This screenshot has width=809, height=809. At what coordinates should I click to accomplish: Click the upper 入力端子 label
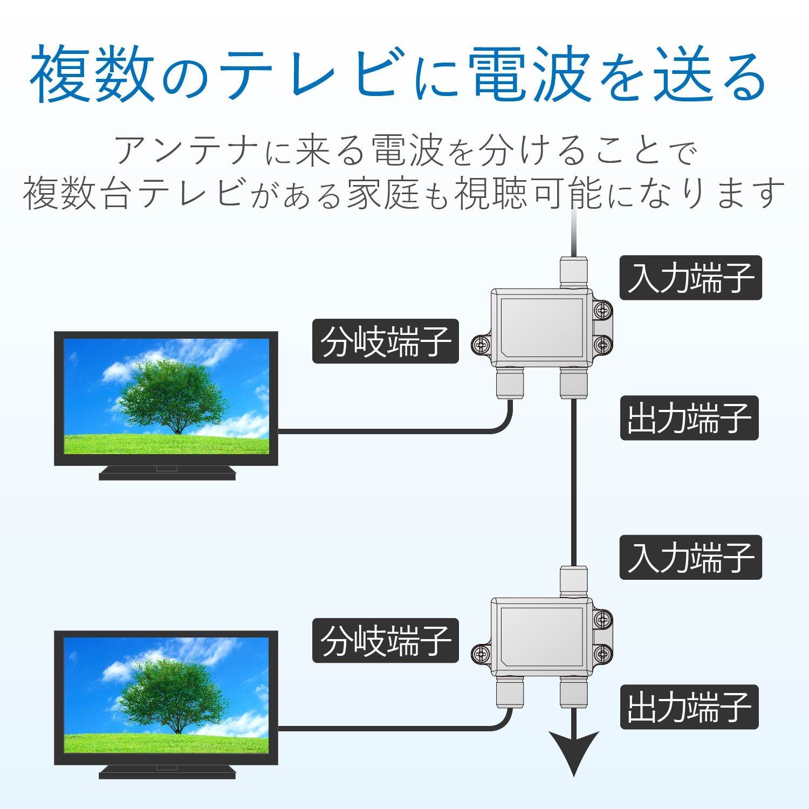(x=690, y=277)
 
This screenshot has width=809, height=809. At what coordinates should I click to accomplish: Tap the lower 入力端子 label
(x=690, y=557)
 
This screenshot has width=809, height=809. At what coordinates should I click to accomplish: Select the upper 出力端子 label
(x=689, y=418)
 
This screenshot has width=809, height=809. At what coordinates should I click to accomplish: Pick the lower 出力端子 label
(x=689, y=707)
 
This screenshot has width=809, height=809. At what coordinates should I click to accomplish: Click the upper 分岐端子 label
(x=386, y=341)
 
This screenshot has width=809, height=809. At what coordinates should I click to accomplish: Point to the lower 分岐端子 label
(x=386, y=640)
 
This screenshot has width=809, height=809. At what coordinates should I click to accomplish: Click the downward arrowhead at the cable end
(x=574, y=753)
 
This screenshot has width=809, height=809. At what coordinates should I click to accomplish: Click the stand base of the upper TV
(x=167, y=472)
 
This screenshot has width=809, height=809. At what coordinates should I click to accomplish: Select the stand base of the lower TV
(x=167, y=772)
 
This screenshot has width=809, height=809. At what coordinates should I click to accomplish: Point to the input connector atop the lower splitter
(x=574, y=581)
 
